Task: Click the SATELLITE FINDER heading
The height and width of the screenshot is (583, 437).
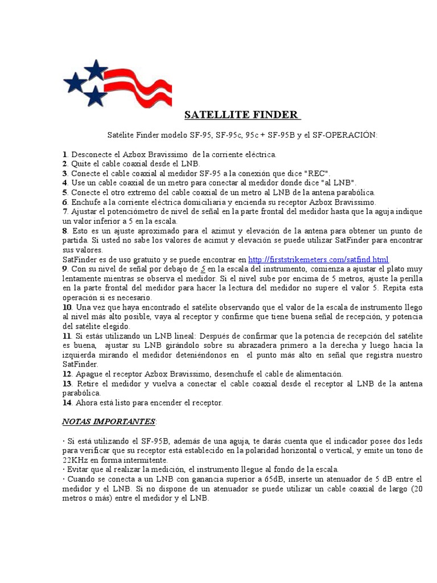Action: (x=242, y=115)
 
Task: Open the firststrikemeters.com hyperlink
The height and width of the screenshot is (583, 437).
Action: (x=318, y=260)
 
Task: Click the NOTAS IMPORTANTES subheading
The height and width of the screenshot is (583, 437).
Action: (x=109, y=422)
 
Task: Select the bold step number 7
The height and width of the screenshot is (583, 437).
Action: (x=65, y=212)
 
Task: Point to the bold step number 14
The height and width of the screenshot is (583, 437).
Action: (x=67, y=403)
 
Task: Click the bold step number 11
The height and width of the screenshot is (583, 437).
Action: (x=67, y=336)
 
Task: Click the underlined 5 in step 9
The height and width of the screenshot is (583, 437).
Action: (x=203, y=269)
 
